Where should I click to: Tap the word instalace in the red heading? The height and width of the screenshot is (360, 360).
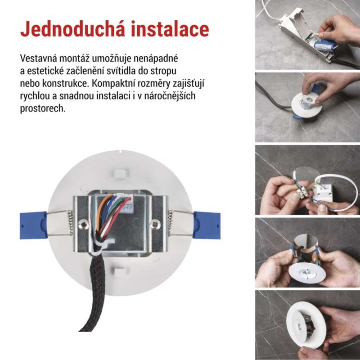(x=170, y=29)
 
